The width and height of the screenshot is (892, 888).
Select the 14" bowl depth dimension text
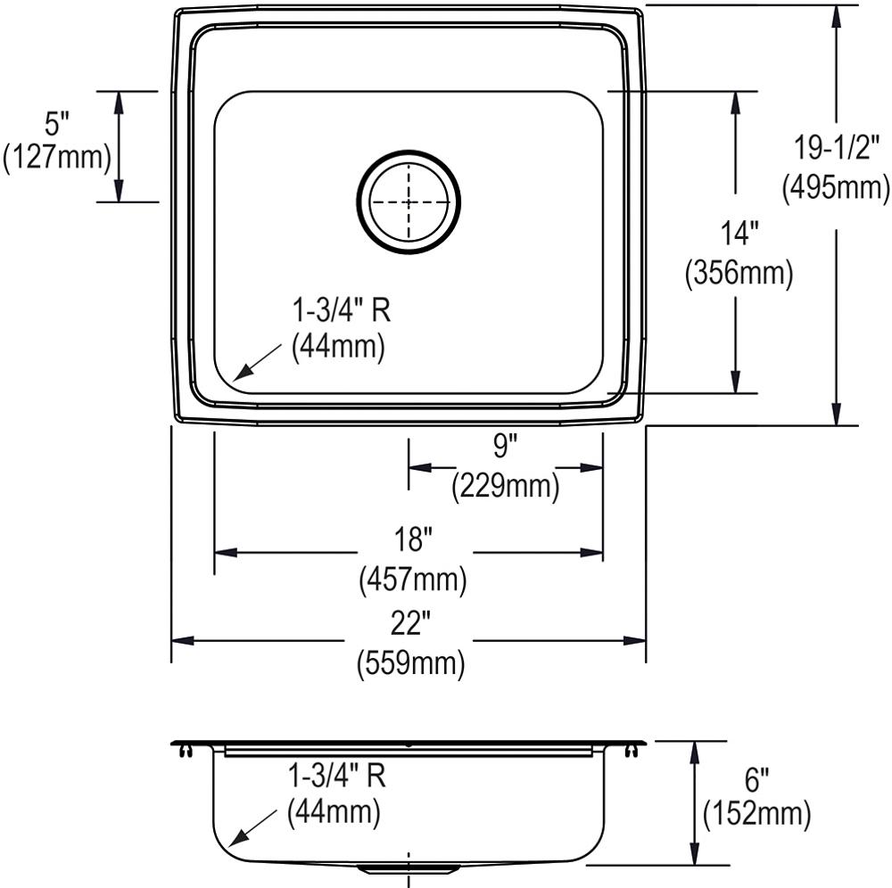click(739, 234)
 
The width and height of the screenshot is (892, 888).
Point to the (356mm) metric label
click(739, 274)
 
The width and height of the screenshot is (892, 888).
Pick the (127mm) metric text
click(57, 158)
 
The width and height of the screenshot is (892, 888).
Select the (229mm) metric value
click(505, 486)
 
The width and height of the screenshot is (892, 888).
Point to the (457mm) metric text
click(412, 580)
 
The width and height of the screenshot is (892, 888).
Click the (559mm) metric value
click(411, 664)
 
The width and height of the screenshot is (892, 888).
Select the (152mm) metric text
click(756, 813)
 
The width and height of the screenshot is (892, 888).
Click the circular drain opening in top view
click(408, 201)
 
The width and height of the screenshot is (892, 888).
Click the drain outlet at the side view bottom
click(409, 867)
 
